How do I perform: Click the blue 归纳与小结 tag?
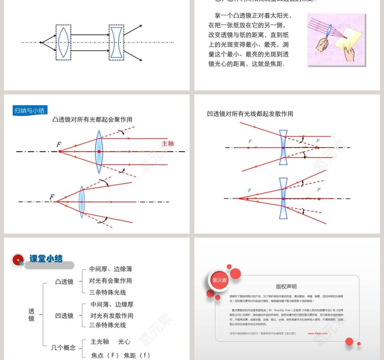click(x=29, y=111)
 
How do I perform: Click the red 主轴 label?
click(x=168, y=143)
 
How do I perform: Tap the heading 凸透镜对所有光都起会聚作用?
click(x=92, y=120)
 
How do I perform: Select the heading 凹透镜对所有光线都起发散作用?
click(x=250, y=114)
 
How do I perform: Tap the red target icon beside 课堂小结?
click(x=18, y=260)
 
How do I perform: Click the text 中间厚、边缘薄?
click(x=111, y=269)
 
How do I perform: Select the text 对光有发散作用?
click(x=112, y=316)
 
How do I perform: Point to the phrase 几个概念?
click(x=63, y=348)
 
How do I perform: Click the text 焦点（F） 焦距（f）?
click(x=120, y=355)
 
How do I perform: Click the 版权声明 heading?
click(x=286, y=286)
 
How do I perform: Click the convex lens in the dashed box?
click(x=64, y=42)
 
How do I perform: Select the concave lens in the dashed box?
click(x=117, y=42)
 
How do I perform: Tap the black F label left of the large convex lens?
click(x=59, y=144)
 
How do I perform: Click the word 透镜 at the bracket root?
click(x=31, y=315)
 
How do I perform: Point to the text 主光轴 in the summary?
click(x=99, y=341)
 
